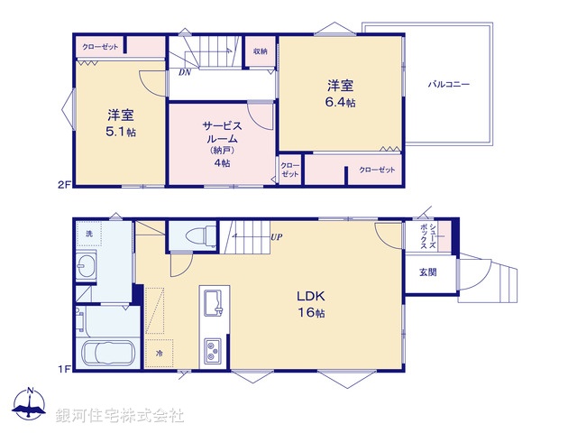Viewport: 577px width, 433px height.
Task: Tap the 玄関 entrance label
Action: pyautogui.click(x=427, y=272)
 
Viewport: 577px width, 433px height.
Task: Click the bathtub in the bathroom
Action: pyautogui.click(x=107, y=353)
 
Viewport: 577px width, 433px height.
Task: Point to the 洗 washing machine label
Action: pyautogui.click(x=88, y=235)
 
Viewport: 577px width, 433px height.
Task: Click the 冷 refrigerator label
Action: pyautogui.click(x=160, y=352)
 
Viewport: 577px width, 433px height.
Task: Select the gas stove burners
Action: pyautogui.click(x=215, y=348)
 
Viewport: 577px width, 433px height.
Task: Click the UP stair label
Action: pyautogui.click(x=277, y=237)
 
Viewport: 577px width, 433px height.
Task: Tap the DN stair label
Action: pyautogui.click(x=184, y=72)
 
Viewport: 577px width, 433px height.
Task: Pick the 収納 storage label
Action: pyautogui.click(x=260, y=51)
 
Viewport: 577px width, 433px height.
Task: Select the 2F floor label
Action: pyautogui.click(x=64, y=185)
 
